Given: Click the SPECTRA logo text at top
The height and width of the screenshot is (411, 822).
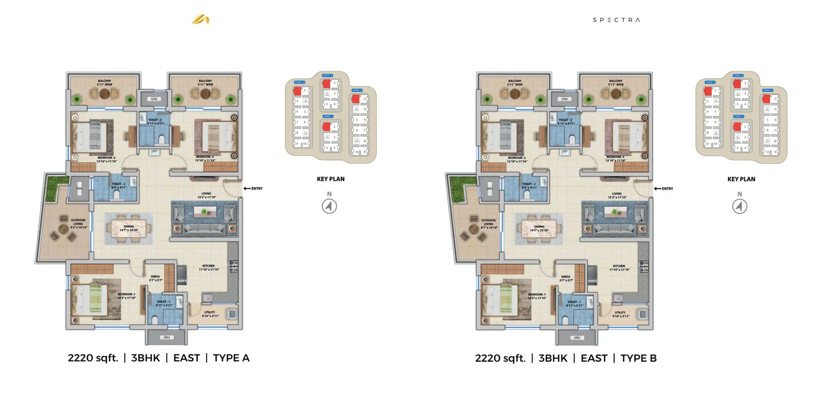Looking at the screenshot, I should (616, 20).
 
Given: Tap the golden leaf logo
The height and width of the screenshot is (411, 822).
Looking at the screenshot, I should (201, 19).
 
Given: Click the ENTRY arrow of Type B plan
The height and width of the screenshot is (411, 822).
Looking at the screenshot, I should (658, 189).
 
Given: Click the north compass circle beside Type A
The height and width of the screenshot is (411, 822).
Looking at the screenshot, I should (329, 206).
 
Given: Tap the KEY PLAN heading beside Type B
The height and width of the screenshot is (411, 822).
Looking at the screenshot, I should (741, 179).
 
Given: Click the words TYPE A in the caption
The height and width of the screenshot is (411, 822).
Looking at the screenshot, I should (231, 358).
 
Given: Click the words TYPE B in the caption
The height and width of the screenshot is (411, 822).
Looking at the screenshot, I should (638, 358).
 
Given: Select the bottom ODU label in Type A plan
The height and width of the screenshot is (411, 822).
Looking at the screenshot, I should (167, 337).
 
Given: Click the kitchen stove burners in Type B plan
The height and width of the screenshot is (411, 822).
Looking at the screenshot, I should (644, 266).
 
